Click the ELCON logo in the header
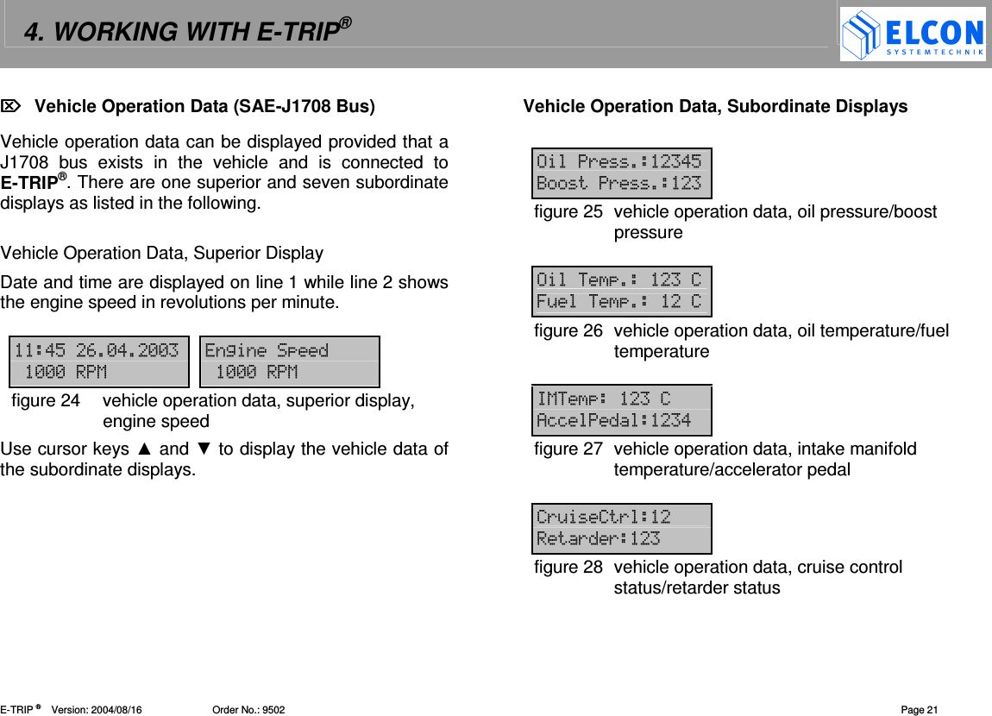(x=913, y=35)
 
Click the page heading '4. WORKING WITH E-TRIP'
(x=186, y=32)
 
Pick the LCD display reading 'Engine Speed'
(x=290, y=361)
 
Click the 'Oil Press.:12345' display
(x=621, y=173)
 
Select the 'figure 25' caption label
(x=568, y=212)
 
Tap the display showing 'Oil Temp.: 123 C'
(x=621, y=291)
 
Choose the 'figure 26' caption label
(x=568, y=331)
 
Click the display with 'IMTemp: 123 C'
(x=621, y=410)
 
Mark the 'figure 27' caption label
(x=568, y=449)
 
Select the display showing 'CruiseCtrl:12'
(x=621, y=528)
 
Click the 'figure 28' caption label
(x=568, y=568)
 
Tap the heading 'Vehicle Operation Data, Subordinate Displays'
(x=715, y=106)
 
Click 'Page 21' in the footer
(x=919, y=710)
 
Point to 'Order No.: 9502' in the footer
(x=248, y=710)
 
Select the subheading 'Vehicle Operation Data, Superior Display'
(x=162, y=254)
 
